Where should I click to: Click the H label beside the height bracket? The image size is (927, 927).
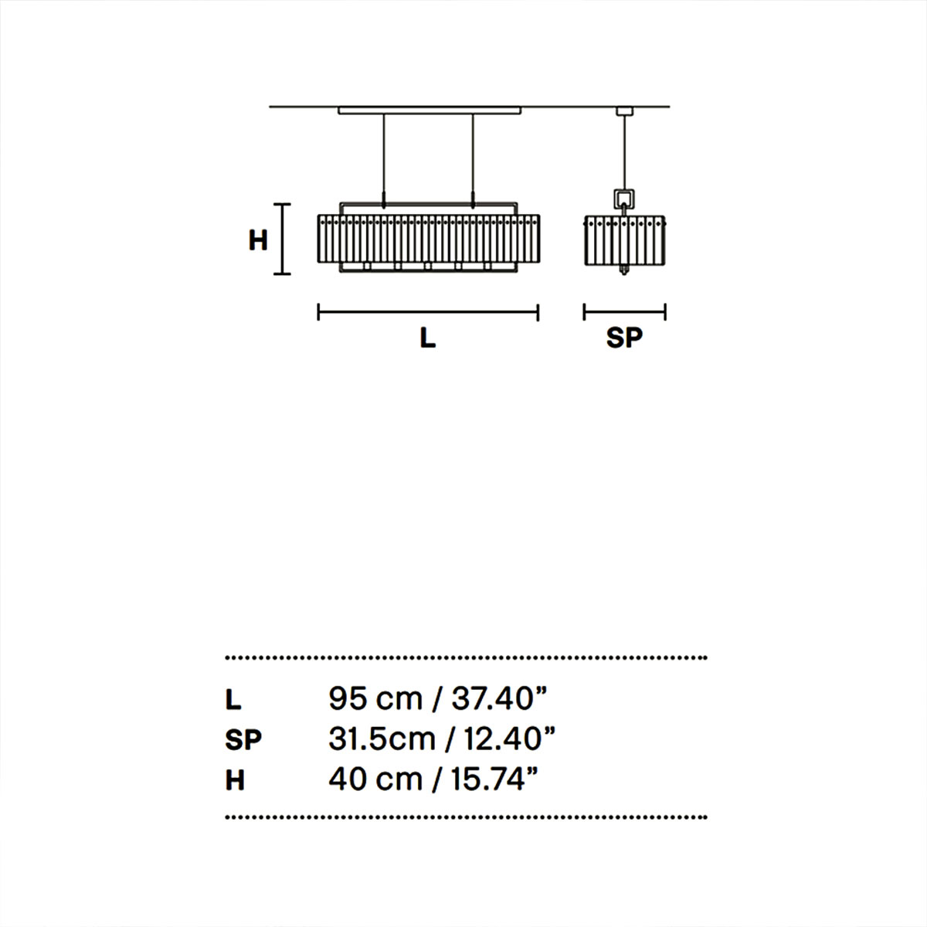coord(258,240)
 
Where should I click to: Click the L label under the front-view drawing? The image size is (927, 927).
coord(428,338)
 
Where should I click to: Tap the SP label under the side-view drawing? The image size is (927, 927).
coord(624,338)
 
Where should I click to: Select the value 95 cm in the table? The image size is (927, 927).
coord(375,699)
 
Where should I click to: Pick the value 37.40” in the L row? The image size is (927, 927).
coord(499,699)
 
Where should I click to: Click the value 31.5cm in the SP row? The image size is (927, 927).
coord(382,739)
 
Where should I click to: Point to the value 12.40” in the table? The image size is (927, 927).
coord(510,739)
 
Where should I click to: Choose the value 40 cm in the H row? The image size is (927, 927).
coord(375,779)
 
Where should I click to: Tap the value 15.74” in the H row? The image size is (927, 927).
coord(494,779)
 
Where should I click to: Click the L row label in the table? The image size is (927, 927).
coord(233,700)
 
